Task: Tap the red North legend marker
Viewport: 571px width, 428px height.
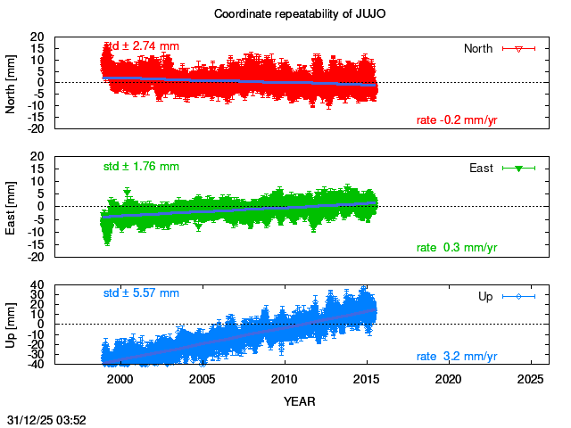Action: point(518,48)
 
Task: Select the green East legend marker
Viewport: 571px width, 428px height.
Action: point(518,168)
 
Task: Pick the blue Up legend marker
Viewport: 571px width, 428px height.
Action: point(518,296)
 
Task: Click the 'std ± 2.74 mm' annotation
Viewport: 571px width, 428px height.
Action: point(142,46)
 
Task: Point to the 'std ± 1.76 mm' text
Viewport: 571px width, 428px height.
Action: point(141,166)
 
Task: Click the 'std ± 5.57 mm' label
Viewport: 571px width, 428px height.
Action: point(141,292)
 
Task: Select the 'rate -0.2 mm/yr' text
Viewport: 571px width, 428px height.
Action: point(457,120)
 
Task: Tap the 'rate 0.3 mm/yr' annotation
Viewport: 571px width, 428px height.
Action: point(457,247)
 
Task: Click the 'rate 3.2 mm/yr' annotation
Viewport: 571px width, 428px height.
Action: point(457,357)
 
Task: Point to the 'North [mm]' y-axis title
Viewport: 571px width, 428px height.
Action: point(12,82)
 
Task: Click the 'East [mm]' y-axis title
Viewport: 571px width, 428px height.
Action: point(12,206)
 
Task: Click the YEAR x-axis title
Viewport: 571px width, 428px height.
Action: point(299,401)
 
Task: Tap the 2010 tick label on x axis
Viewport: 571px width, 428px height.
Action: point(284,379)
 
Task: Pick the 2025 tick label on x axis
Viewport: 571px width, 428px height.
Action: point(531,379)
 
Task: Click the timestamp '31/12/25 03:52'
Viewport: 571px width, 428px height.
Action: point(46,418)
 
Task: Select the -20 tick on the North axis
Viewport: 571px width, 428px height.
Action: point(37,128)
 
